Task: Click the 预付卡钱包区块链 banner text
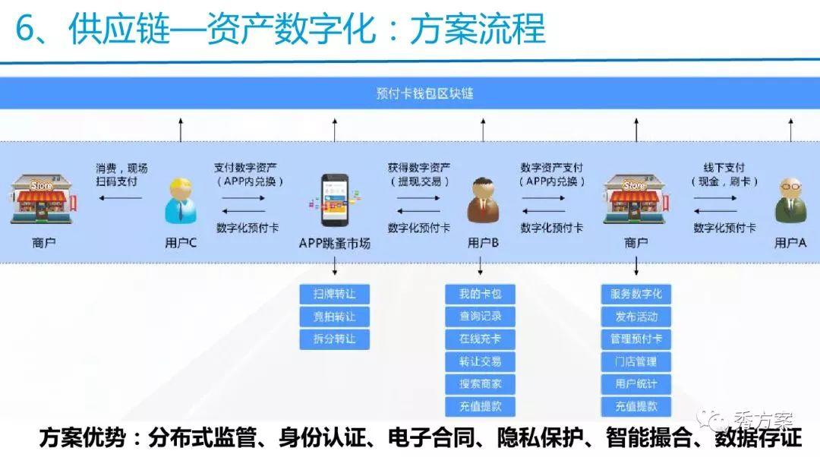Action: (424, 93)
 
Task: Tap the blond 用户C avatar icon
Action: (181, 201)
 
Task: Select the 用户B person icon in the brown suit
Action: (482, 201)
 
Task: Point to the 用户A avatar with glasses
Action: (790, 201)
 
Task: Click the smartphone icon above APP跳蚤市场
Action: (334, 200)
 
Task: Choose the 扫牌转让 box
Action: (335, 294)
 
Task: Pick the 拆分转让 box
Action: (335, 339)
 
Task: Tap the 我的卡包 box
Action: (480, 294)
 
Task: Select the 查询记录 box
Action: (480, 317)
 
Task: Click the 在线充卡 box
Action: (480, 339)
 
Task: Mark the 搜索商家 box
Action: (480, 384)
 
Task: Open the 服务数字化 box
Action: (636, 294)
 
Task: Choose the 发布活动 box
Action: (636, 317)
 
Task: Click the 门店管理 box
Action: (636, 361)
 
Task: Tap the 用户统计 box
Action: (636, 384)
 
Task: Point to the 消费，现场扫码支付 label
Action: (121, 175)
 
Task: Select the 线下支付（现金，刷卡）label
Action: (724, 175)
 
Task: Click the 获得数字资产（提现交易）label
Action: (419, 175)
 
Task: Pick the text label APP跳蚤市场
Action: (335, 243)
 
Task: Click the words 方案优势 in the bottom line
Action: (83, 437)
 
